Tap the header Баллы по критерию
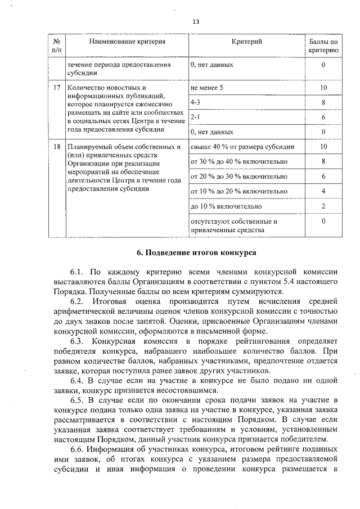(x=323, y=46)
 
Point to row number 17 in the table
(x=56, y=88)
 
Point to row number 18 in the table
(x=56, y=147)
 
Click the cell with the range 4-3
(x=196, y=103)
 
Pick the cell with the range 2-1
(x=196, y=118)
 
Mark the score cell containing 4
(x=323, y=191)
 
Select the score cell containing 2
(x=323, y=206)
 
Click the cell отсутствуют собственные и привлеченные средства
(x=234, y=226)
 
